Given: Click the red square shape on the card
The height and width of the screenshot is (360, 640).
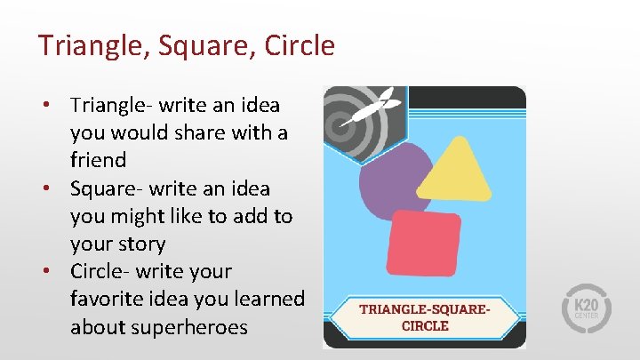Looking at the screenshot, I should pos(423,243).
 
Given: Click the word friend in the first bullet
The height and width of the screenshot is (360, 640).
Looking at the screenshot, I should pos(99,161).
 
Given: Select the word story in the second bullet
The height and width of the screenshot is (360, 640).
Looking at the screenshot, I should pos(141,244).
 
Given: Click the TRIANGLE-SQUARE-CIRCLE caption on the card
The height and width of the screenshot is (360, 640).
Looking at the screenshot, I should pos(424,316).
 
